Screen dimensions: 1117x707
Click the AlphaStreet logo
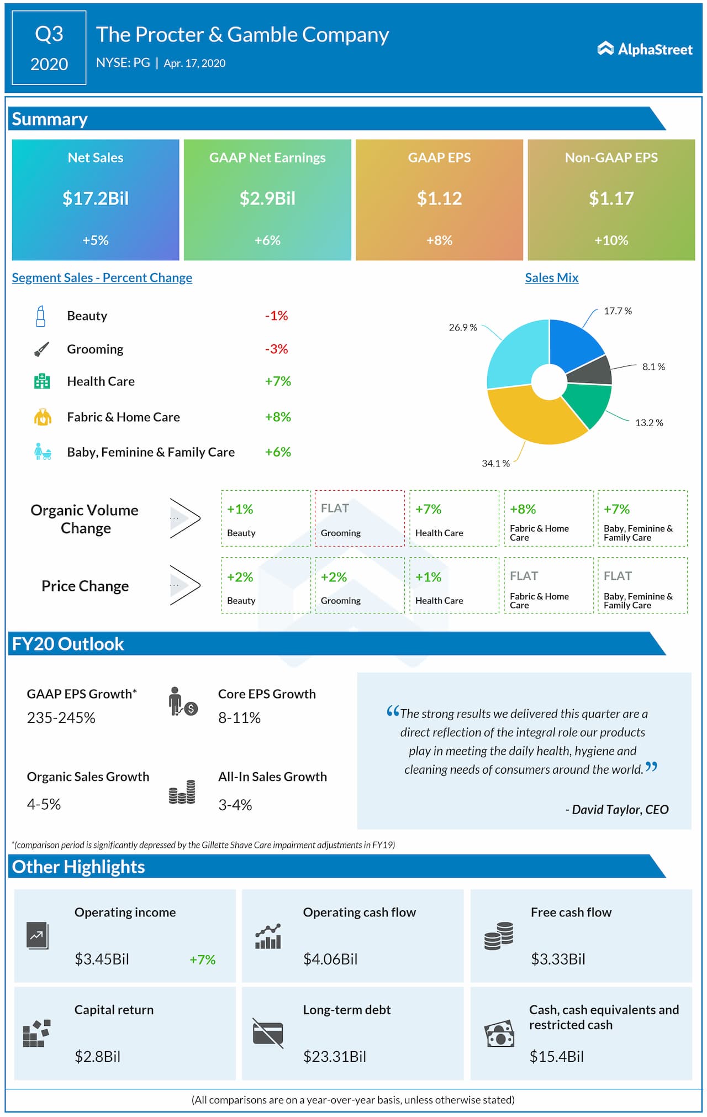tap(645, 49)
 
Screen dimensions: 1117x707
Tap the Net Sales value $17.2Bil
tap(96, 198)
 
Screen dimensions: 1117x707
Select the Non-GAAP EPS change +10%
tap(611, 240)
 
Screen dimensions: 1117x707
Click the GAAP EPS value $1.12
tap(439, 198)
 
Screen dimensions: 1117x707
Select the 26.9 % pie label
tap(462, 327)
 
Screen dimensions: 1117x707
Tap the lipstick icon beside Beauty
tap(40, 316)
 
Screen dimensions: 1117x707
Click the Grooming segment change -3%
tap(276, 349)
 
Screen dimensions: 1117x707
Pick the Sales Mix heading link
tap(551, 277)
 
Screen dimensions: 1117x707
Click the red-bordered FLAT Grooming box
tap(359, 518)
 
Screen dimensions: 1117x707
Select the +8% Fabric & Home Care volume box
tap(548, 518)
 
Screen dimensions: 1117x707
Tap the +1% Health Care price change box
tap(453, 585)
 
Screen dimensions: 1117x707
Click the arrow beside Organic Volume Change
tap(184, 518)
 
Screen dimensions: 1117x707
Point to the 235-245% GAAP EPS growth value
tap(61, 718)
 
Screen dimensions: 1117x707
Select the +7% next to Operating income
tap(202, 959)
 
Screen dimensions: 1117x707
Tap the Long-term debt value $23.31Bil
tap(334, 1057)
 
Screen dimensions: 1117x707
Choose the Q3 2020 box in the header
tap(49, 48)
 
